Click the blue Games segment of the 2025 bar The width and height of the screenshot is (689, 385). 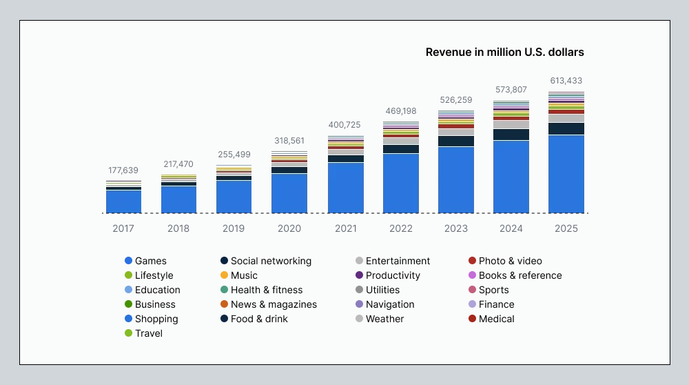tap(566, 174)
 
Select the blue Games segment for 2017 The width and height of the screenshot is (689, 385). tap(123, 201)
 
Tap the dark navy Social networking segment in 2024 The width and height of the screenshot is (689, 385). tap(511, 135)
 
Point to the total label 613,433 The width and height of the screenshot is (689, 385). tap(566, 81)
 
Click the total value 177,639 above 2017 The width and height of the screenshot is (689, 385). tap(123, 170)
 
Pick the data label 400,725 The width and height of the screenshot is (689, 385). tap(345, 124)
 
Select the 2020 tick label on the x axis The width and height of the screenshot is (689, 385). tap(289, 228)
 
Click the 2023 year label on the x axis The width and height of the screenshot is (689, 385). tap(455, 228)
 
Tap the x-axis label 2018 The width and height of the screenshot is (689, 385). tap(178, 228)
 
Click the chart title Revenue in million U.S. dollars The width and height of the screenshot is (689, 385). tap(504, 52)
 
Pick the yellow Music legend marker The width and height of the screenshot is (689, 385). tap(224, 275)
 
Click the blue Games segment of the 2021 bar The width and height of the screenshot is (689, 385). tap(345, 188)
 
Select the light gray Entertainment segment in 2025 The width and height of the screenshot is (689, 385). tap(566, 118)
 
